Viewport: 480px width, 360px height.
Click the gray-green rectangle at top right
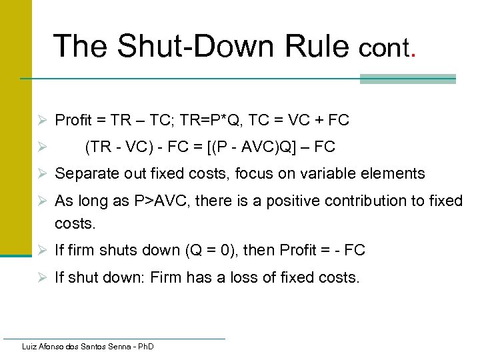click(x=407, y=79)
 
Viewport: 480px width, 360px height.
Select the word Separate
click(x=83, y=174)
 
